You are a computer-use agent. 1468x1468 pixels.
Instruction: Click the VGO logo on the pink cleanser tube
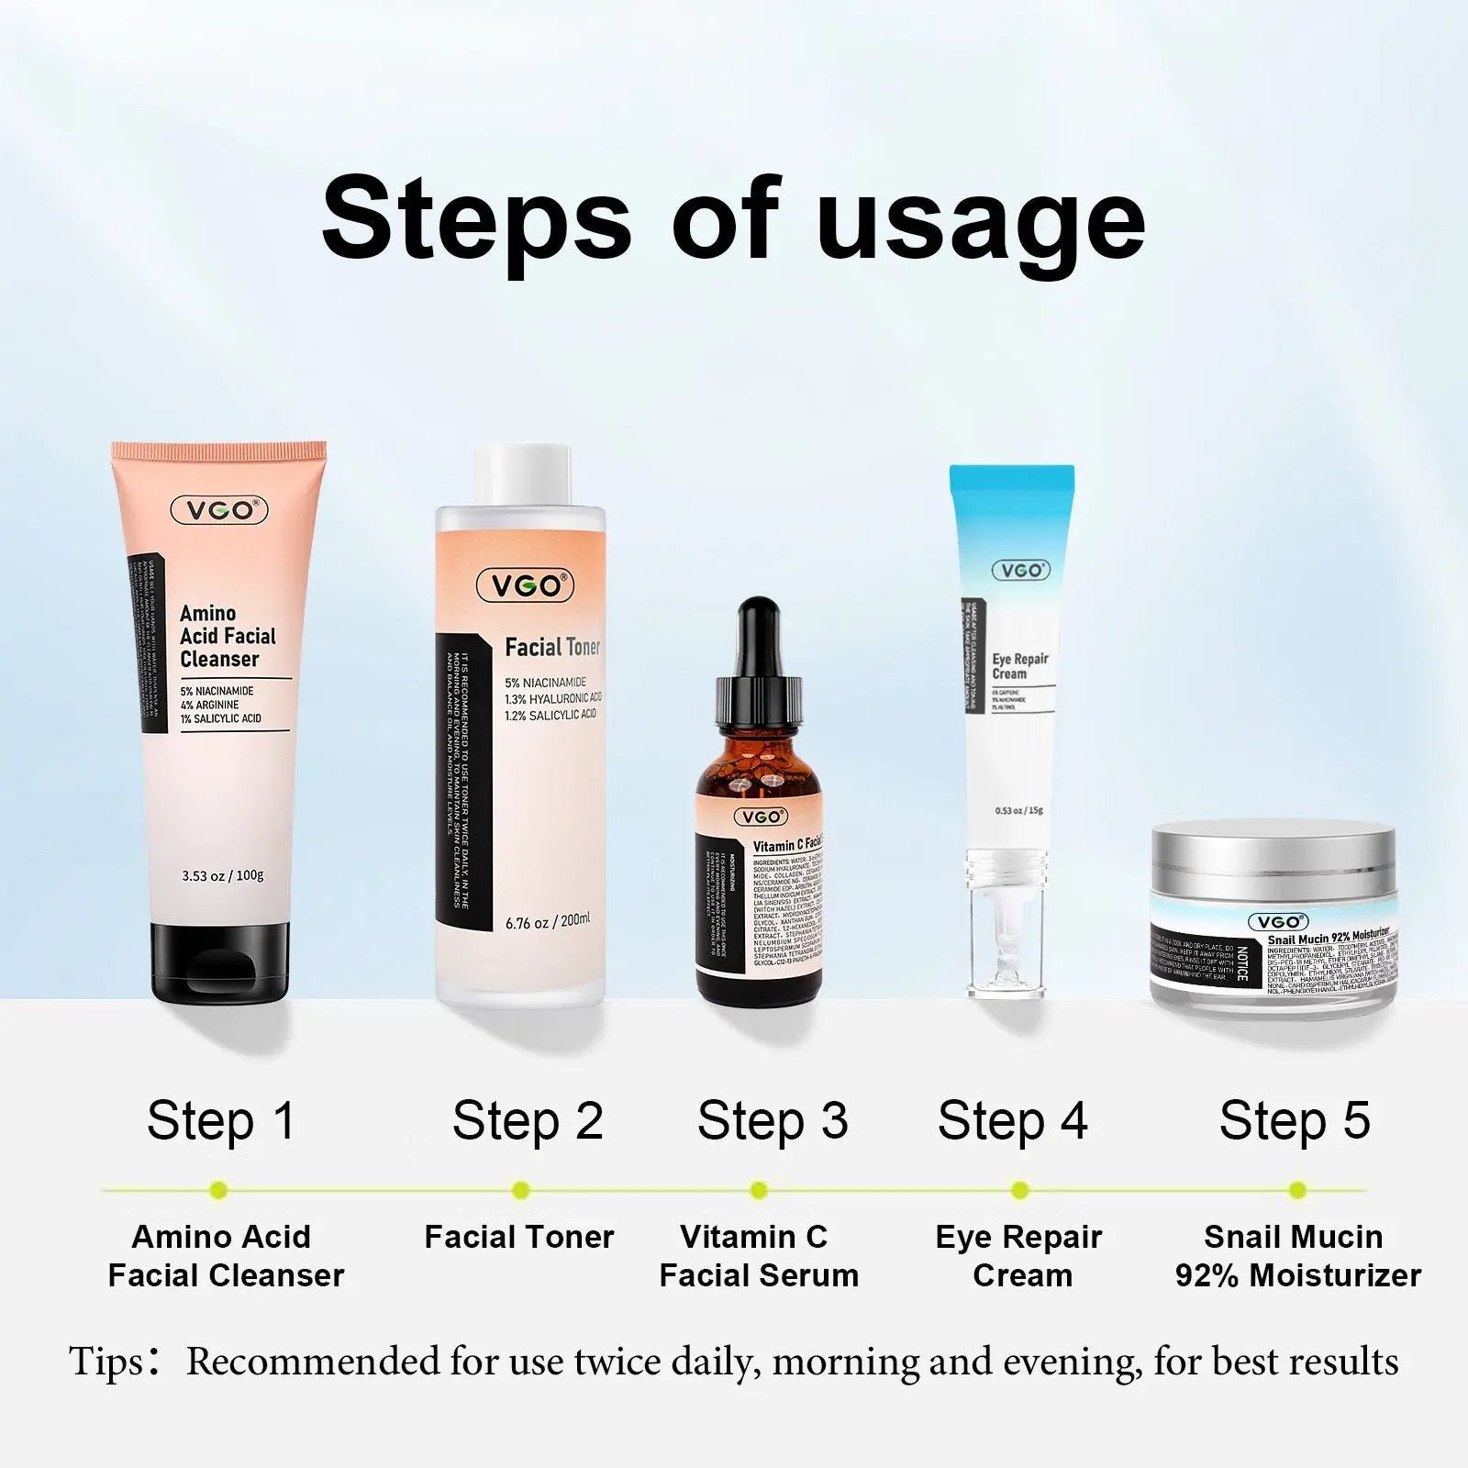[219, 510]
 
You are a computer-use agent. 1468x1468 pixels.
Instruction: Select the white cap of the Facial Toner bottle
[522, 476]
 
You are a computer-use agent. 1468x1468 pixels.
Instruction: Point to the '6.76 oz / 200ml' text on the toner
[548, 921]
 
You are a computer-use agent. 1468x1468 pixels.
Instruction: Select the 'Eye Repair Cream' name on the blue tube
[1019, 666]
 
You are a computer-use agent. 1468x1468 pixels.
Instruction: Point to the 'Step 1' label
[221, 1121]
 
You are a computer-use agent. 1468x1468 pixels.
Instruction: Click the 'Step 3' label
[773, 1121]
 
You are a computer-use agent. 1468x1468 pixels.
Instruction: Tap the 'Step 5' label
[1295, 1121]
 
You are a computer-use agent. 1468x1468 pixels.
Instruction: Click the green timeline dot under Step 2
[521, 1191]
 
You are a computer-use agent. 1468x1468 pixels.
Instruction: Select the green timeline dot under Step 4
[1019, 1191]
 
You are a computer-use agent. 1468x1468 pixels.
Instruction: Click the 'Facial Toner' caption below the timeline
[519, 1237]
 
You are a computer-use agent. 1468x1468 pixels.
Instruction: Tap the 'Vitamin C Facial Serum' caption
[758, 1256]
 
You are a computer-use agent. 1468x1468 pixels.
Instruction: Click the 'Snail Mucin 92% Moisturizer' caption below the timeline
[1296, 1256]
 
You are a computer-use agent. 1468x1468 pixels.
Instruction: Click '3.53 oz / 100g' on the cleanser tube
[223, 875]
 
